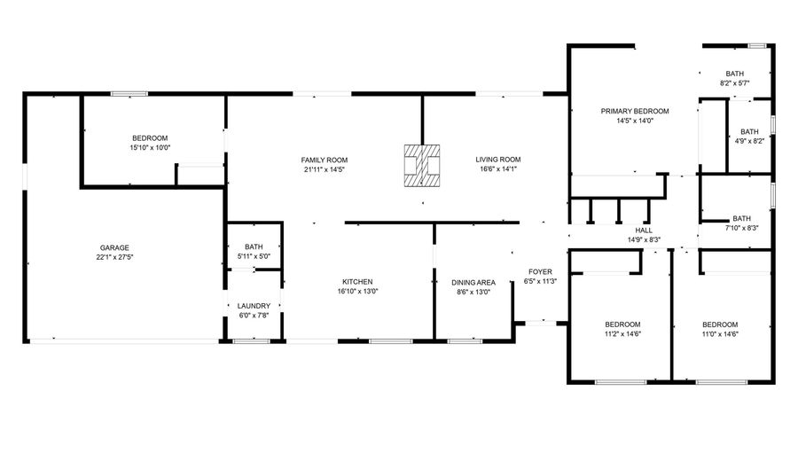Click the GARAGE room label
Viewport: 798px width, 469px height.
coord(114,247)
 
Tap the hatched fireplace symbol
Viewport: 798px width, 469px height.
coord(422,166)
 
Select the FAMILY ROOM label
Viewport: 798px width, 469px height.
coord(325,160)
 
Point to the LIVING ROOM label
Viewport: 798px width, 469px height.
coord(498,160)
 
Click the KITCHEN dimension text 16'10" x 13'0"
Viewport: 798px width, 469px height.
coord(357,292)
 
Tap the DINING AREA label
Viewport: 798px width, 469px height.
coord(473,283)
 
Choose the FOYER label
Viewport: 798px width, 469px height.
coord(541,271)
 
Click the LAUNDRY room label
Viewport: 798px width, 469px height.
coord(254,306)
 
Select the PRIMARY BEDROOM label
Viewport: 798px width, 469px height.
coord(635,112)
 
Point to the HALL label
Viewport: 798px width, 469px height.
coord(644,231)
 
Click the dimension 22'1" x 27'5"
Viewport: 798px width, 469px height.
coord(114,257)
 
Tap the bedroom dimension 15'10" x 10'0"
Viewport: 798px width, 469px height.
coord(150,147)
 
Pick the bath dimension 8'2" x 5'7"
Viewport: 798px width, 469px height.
coord(734,83)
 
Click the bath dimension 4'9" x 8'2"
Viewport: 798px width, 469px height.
coord(749,141)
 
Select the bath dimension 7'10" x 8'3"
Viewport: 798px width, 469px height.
coord(741,228)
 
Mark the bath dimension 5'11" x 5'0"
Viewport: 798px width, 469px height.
coord(254,256)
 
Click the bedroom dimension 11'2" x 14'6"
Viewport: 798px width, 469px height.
coord(622,334)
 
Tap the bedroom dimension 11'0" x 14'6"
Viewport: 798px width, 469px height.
coord(720,334)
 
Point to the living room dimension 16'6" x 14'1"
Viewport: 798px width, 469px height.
coord(498,169)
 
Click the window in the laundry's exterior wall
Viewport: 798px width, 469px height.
coord(252,340)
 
